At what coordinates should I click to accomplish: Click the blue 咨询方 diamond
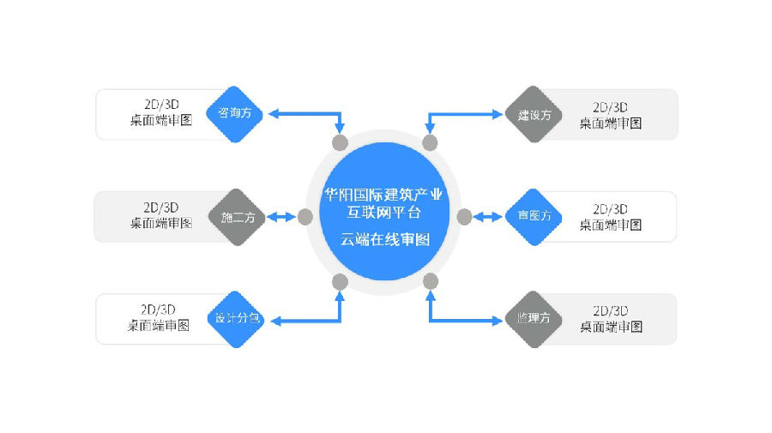(x=235, y=113)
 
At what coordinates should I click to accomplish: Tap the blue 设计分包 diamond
(x=237, y=319)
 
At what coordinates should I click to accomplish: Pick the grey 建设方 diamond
(x=534, y=114)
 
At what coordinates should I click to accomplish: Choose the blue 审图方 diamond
(x=534, y=217)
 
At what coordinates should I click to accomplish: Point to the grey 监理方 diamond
(x=534, y=319)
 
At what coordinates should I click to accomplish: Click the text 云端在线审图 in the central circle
(x=385, y=239)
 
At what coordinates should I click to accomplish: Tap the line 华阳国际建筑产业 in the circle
(x=385, y=194)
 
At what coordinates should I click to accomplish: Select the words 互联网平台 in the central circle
(x=385, y=210)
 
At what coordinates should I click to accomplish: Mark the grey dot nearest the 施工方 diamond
(x=305, y=217)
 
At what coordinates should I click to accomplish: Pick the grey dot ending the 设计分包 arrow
(x=340, y=281)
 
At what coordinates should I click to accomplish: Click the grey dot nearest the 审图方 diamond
(x=464, y=217)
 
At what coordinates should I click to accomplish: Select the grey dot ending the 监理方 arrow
(x=431, y=281)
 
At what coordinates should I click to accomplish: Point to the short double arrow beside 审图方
(x=488, y=217)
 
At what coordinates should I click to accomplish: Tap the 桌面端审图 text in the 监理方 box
(x=611, y=327)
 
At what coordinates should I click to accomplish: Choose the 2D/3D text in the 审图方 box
(x=611, y=208)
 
